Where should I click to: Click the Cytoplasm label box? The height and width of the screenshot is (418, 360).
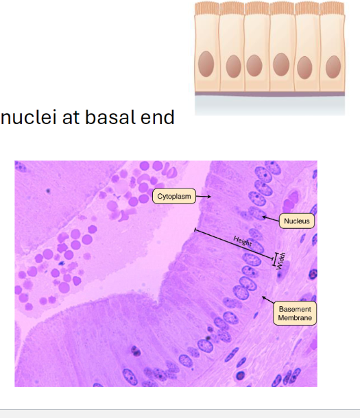click(174, 196)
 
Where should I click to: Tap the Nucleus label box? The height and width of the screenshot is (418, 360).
click(296, 221)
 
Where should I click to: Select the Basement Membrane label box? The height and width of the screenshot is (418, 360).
click(295, 313)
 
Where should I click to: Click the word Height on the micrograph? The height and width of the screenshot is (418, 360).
click(243, 241)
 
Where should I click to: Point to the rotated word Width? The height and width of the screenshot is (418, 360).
click(281, 261)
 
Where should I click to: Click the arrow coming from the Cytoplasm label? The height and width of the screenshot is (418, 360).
click(204, 197)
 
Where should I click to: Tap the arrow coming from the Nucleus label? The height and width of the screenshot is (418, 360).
click(270, 219)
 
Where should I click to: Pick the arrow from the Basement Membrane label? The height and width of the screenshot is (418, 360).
click(267, 299)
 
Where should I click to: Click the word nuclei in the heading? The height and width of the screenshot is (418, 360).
click(29, 117)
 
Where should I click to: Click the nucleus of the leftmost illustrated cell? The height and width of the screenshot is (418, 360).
click(206, 64)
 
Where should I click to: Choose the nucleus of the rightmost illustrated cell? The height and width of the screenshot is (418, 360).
click(333, 66)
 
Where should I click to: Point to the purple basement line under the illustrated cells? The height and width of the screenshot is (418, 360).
click(269, 94)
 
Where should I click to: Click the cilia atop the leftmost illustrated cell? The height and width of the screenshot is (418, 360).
click(207, 8)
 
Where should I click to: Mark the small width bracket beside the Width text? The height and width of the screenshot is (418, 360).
click(275, 260)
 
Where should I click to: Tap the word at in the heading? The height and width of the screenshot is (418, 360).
click(71, 118)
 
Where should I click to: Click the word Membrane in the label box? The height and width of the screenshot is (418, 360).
click(295, 318)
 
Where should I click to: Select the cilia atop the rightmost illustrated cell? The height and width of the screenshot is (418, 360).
click(333, 8)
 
